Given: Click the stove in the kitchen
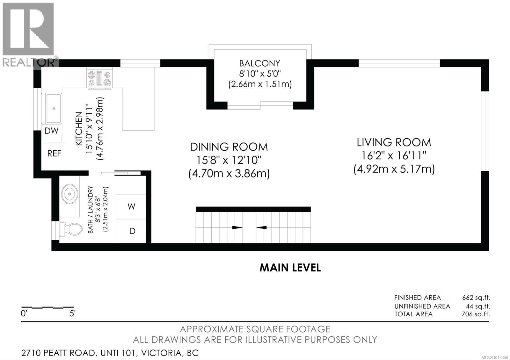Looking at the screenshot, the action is point(99,78).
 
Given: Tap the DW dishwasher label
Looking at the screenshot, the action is point(51,131).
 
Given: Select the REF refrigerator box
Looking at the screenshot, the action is point(53,156).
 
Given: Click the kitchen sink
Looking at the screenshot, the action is point(54,109).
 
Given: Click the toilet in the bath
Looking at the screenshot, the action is point(71,229).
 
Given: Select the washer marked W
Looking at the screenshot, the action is point(131,207).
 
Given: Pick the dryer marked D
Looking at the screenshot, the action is point(131,231).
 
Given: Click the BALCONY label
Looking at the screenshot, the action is point(259,63).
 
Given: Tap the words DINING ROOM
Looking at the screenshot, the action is point(229,147).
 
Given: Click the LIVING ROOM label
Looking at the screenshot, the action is point(394,143).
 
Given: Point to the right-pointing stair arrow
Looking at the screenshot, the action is point(237,227).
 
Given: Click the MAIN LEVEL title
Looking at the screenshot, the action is point(290,268).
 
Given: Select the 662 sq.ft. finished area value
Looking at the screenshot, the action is point(476,298).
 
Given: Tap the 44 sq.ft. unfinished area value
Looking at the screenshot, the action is point(478,306).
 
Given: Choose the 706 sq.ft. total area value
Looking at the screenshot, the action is point(476,314).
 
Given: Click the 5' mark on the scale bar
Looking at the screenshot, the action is point(72,313).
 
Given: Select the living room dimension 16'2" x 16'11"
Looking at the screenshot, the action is point(394,156).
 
